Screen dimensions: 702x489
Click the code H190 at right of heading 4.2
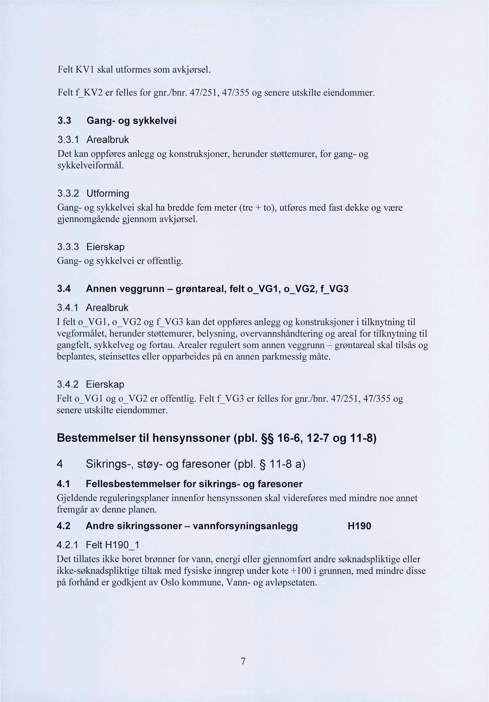pyautogui.click(x=359, y=526)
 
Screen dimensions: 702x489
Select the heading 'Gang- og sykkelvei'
pyautogui.click(x=132, y=121)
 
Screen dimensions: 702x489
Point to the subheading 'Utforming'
pyautogui.click(x=108, y=193)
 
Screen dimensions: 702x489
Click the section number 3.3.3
pyautogui.click(x=68, y=246)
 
